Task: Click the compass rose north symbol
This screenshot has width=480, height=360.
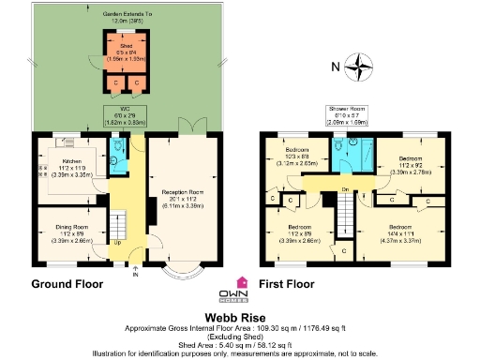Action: pos(355,67)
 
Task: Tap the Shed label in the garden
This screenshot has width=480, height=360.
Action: pos(124,51)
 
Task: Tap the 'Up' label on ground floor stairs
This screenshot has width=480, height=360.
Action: pos(116,244)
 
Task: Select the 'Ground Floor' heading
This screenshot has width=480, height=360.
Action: pos(67,284)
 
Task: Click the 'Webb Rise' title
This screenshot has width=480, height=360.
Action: pos(240,318)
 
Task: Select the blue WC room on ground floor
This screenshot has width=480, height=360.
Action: pos(119,155)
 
